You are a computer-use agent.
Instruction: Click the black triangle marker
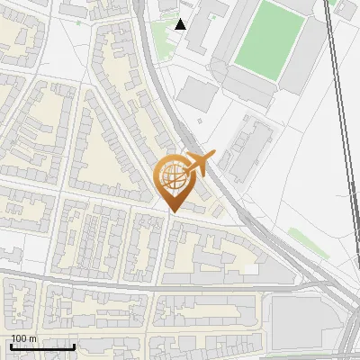click(x=181, y=24)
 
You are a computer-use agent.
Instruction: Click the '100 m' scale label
click(x=23, y=338)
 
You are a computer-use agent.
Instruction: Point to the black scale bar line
click(x=42, y=346)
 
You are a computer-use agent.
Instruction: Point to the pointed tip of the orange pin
click(x=172, y=211)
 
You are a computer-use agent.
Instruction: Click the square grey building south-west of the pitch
click(x=196, y=94)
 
